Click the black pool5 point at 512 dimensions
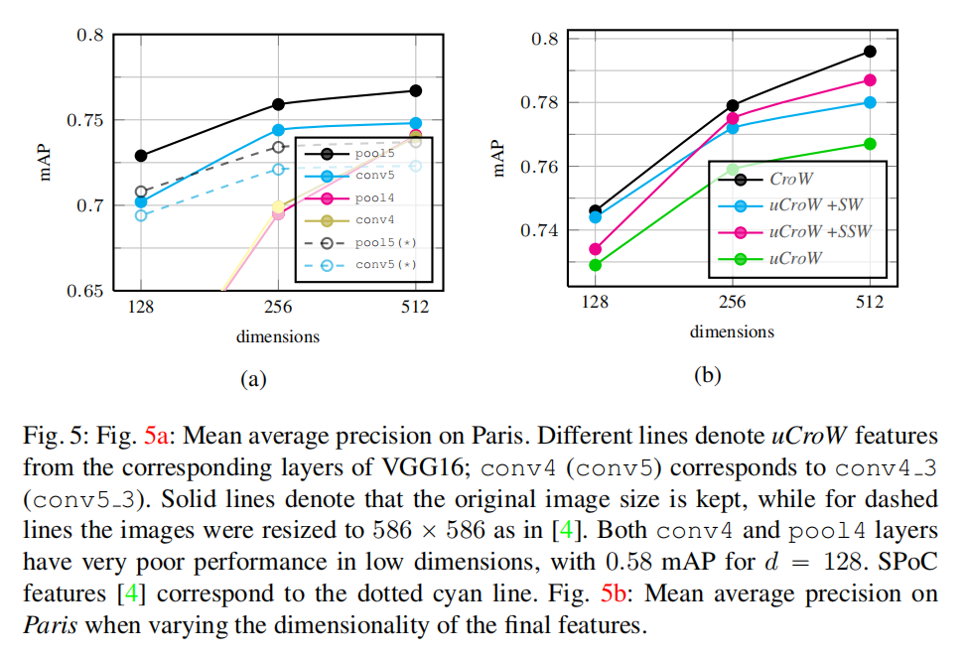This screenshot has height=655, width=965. pos(416,90)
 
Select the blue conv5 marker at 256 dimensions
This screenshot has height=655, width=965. pos(278,130)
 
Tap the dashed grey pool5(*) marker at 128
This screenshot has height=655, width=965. pos(141,192)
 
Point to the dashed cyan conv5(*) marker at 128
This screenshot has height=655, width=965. pos(141,215)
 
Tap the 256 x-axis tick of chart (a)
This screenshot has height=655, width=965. pos(278,308)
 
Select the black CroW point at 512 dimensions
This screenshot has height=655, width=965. pos(870,52)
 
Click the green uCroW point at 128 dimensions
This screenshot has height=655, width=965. pos(595,265)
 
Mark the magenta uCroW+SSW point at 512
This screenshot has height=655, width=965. pos(870,79)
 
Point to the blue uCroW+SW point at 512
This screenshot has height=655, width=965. pos(870,102)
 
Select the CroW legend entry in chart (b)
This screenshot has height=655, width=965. pos(790,179)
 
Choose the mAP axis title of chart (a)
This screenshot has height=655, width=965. pos(47,164)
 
